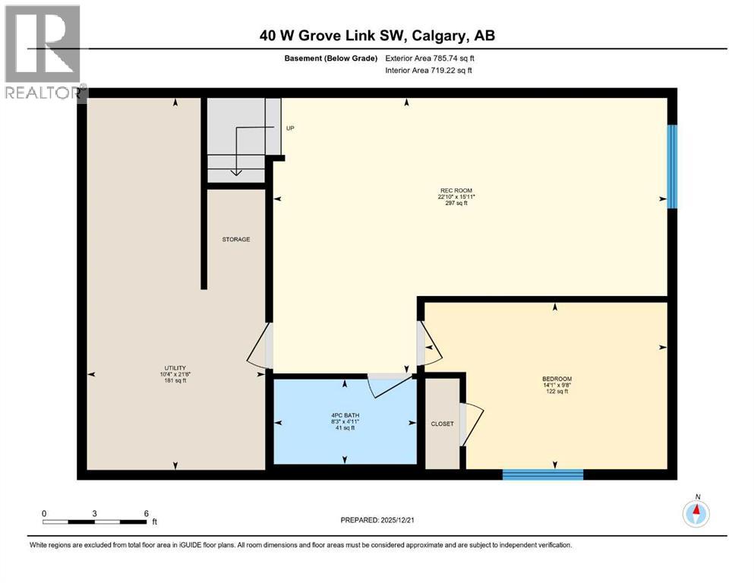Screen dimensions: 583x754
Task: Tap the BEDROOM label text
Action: (556, 379)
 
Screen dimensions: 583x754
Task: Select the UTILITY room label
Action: (175, 367)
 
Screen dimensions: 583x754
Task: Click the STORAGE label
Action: (235, 239)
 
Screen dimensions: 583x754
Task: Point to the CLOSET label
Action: (441, 424)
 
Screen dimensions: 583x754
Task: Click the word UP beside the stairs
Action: (290, 128)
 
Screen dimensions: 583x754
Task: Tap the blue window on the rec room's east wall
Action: (672, 166)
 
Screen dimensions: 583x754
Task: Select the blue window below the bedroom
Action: (542, 474)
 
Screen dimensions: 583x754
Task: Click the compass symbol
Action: (696, 513)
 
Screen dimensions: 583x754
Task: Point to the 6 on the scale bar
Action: (146, 513)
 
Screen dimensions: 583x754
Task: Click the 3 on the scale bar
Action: (95, 513)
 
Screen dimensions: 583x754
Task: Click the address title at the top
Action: (377, 36)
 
